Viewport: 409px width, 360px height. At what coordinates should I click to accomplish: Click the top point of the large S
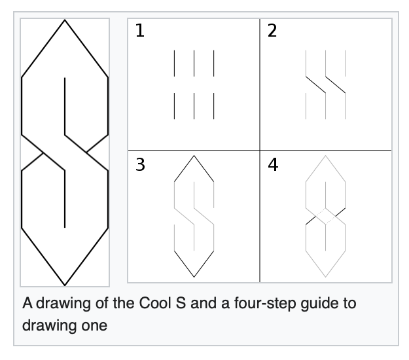pos(65,21)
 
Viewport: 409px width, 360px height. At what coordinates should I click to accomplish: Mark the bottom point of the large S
pos(65,285)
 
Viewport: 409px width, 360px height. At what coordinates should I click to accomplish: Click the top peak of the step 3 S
pos(194,156)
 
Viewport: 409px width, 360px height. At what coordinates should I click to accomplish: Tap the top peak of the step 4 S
pos(325,156)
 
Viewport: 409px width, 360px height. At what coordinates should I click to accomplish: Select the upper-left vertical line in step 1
pos(174,64)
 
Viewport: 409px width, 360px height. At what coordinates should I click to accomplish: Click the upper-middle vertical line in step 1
pos(194,64)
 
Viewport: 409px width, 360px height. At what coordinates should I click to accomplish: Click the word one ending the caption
pos(93,325)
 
